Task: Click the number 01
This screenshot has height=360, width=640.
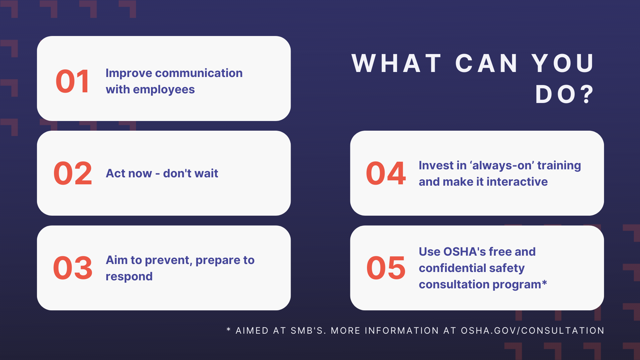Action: [x=73, y=81]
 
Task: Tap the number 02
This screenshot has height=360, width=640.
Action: [x=73, y=173]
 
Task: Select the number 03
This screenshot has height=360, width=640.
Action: [x=73, y=268]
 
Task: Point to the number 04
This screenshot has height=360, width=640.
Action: [x=386, y=173]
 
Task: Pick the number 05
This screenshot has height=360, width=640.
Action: [x=386, y=268]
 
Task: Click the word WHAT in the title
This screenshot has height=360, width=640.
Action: [x=397, y=63]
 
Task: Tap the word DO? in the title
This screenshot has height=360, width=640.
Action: [x=565, y=94]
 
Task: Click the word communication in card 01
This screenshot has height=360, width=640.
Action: [x=199, y=73]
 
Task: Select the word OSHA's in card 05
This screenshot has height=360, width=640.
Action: [x=465, y=252]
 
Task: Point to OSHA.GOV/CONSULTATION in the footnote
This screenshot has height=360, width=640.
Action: [x=533, y=331]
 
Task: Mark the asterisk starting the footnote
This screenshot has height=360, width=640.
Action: [x=229, y=329]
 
